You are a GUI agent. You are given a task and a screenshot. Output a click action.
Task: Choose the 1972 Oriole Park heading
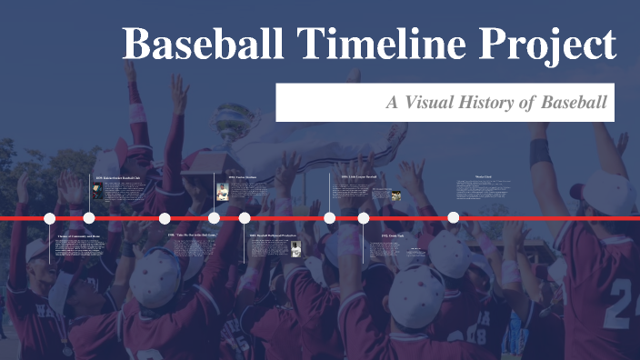point(397,235)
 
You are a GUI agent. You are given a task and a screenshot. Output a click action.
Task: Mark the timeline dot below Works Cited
point(454,218)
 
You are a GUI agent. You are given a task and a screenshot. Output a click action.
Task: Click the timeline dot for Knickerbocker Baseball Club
point(89,218)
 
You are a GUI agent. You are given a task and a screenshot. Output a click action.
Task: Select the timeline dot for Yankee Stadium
point(214,218)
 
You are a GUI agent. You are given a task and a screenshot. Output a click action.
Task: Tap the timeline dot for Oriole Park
point(364,218)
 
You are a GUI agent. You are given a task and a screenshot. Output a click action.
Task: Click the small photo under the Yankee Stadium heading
point(221,193)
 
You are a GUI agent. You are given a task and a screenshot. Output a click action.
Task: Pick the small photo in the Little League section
point(396,195)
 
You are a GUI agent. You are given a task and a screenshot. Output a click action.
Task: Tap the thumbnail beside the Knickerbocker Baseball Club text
point(97,192)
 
